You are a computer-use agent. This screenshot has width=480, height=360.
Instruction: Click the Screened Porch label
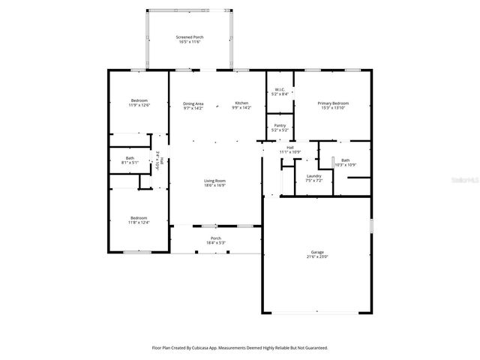coord(190,37)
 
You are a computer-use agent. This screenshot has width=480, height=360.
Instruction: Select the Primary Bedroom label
coord(333,103)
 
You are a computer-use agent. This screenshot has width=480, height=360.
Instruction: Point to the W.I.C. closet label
coord(279,90)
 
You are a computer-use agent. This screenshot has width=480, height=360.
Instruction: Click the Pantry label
coord(280,125)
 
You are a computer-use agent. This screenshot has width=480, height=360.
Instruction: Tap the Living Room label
coord(215,180)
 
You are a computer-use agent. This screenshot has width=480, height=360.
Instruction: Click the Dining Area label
coord(193,103)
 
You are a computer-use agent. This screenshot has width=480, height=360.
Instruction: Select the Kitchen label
coord(241,103)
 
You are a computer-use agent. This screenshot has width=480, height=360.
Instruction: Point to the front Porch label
coord(215,238)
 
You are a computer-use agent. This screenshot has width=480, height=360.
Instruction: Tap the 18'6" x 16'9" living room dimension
coord(215,185)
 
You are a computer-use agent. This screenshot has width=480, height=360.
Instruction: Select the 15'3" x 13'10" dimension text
coord(333,108)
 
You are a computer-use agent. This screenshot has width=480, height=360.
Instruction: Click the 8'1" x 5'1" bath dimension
coord(130,163)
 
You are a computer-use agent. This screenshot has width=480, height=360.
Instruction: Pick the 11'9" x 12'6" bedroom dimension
coord(139,106)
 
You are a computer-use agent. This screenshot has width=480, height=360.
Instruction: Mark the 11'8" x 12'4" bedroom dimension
coord(139,223)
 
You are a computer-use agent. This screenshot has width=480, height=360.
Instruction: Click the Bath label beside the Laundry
coord(345,160)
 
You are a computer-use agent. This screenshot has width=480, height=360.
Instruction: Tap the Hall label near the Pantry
coord(289,147)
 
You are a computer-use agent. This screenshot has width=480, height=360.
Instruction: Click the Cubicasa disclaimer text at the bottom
coord(240,347)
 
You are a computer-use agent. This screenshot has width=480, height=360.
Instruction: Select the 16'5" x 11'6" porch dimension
coord(190,42)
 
